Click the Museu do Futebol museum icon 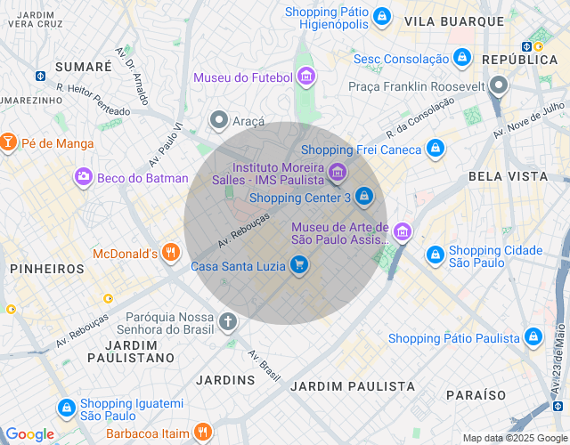coord(305,77)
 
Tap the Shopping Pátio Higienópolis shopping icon coord(381,16)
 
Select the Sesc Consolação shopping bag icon coord(461,59)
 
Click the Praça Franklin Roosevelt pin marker coord(499,86)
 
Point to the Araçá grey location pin coord(218,119)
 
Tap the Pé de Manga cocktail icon coord(8,142)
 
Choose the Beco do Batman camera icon coord(84,178)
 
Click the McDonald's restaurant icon coord(171,254)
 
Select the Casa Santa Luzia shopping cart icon coord(299,264)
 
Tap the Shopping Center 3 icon coord(363,196)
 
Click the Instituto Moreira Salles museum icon coord(337,172)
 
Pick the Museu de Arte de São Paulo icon coord(403,233)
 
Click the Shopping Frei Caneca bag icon coord(435,149)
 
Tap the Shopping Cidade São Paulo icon coord(435,255)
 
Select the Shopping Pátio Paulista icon coord(533,337)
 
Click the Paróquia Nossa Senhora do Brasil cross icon coord(228,321)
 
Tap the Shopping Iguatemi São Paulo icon coord(66,408)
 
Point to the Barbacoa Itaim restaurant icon coord(202,433)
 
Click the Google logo coord(30,434)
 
